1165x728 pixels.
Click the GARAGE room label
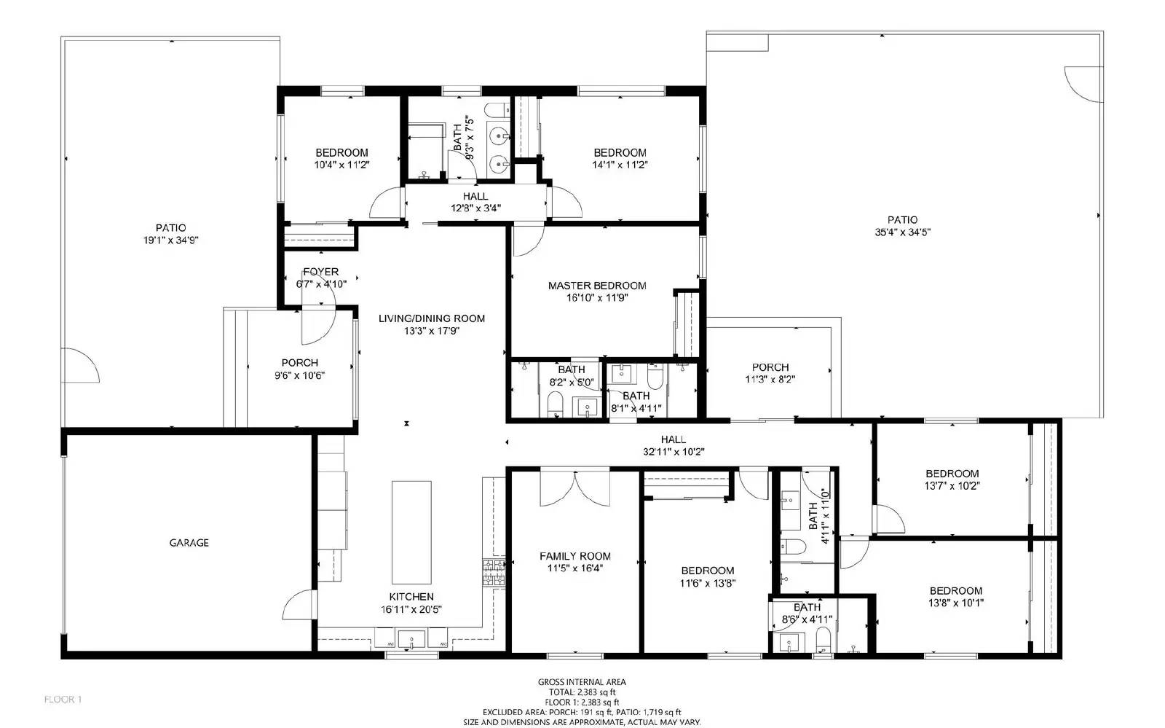pyautogui.click(x=189, y=543)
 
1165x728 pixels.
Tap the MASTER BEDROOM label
pyautogui.click(x=597, y=286)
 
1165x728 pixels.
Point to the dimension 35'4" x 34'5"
pyautogui.click(x=902, y=232)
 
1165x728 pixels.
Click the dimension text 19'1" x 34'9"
pyautogui.click(x=170, y=240)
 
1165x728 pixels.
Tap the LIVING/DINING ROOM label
pyautogui.click(x=432, y=318)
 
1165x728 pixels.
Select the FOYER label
pyautogui.click(x=320, y=272)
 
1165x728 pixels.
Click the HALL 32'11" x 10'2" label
pyautogui.click(x=673, y=439)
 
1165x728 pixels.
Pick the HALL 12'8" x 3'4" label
pyautogui.click(x=475, y=197)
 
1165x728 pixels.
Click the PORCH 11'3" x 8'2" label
pyautogui.click(x=770, y=367)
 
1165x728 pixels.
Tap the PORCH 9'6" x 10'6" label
pyautogui.click(x=299, y=363)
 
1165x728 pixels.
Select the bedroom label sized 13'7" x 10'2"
pyautogui.click(x=952, y=474)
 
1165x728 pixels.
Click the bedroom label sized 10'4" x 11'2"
pyautogui.click(x=341, y=153)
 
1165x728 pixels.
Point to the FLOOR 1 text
pyautogui.click(x=63, y=700)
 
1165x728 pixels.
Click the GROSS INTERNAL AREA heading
pyautogui.click(x=582, y=682)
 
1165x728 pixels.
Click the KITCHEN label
pyautogui.click(x=411, y=597)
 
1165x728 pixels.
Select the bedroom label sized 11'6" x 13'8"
pyautogui.click(x=707, y=571)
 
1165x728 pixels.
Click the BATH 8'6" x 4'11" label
pyautogui.click(x=807, y=608)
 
